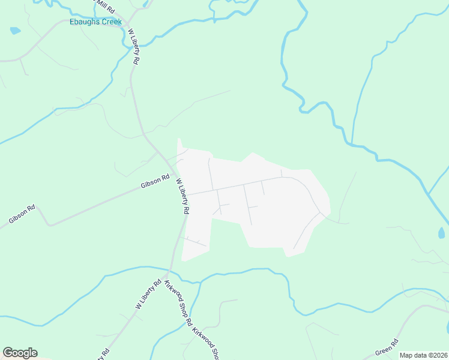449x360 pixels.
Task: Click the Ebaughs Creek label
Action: tap(95, 22)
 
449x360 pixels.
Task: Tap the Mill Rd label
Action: tap(105, 6)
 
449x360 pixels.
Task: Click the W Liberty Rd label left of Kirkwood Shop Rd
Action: tap(148, 295)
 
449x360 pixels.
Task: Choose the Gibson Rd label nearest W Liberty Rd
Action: tap(155, 182)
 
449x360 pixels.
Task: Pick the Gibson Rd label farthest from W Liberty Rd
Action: tap(22, 215)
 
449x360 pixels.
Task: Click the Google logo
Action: tap(20, 353)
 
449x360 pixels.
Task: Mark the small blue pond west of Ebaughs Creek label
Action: tap(15, 30)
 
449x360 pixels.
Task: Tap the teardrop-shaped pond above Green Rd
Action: tap(442, 233)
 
